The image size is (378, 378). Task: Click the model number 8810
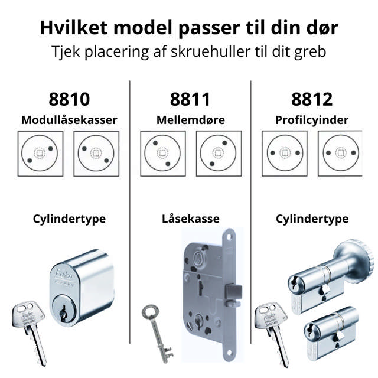pos(69,99)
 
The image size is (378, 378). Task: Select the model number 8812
pos(312,99)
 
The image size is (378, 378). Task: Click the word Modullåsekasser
pos(69,120)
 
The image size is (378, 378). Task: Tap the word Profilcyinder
pos(312,120)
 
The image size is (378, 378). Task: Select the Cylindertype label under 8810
pos(69,219)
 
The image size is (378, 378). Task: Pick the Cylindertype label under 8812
pos(312,219)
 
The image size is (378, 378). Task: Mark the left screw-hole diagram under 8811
pos(160,153)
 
